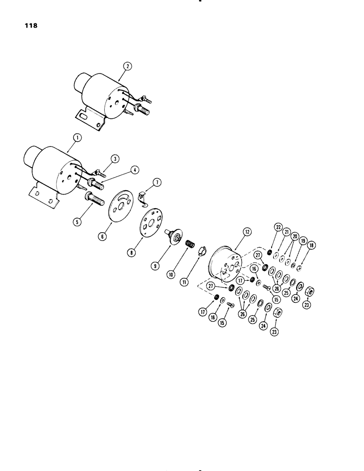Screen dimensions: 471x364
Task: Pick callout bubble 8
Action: [133, 252]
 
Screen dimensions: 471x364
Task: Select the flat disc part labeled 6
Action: [286, 231]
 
